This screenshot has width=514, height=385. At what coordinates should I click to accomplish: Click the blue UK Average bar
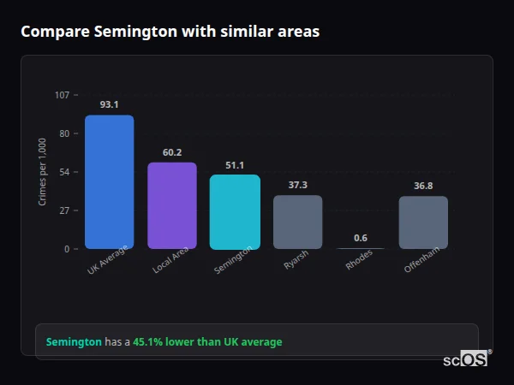(x=109, y=182)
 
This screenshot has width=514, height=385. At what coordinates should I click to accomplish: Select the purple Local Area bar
(x=172, y=205)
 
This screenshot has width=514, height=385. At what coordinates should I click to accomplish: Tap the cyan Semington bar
(x=235, y=212)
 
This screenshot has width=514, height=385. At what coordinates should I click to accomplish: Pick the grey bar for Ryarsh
(x=297, y=222)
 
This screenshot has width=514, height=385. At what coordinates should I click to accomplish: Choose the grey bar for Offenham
(x=423, y=222)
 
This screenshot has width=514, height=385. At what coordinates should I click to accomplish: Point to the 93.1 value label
(x=109, y=105)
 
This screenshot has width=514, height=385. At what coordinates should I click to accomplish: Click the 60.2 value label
(x=172, y=152)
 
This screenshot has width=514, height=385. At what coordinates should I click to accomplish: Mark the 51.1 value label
(x=235, y=165)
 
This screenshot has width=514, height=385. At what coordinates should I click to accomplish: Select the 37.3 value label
(x=297, y=185)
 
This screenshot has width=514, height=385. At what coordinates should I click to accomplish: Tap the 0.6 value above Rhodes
(x=360, y=238)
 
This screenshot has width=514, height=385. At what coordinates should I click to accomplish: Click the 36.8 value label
(x=423, y=186)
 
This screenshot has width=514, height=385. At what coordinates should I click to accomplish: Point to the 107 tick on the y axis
(x=62, y=95)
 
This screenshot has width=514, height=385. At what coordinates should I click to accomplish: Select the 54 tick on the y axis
(x=64, y=172)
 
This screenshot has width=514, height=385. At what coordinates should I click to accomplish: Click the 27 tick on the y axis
(x=64, y=210)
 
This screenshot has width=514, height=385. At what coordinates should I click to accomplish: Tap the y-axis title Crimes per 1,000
(x=43, y=171)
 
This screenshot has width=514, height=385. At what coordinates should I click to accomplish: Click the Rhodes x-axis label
(x=359, y=261)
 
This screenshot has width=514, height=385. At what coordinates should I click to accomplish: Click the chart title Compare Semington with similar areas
(x=170, y=32)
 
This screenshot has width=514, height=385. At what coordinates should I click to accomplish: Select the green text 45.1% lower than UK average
(x=206, y=342)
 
